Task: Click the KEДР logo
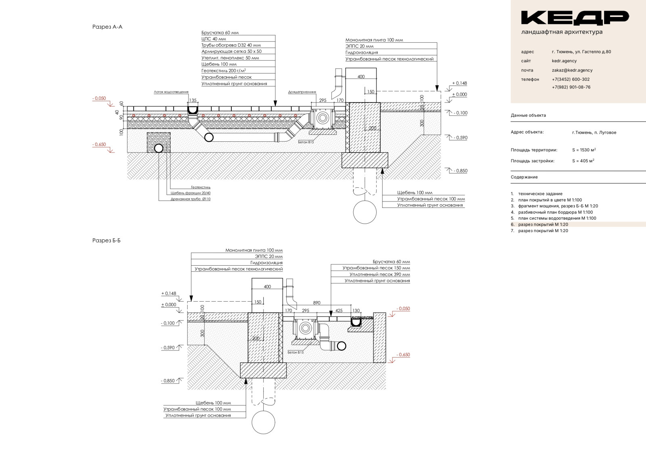575,18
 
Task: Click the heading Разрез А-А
107,27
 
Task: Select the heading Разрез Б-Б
107,241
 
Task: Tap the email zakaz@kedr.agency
572,70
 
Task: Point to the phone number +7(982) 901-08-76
571,87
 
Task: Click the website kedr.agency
564,61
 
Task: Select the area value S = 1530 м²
584,150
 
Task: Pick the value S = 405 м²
583,161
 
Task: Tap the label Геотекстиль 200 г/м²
224,71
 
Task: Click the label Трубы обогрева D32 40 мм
231,45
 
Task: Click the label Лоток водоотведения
171,92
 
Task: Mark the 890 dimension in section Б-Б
317,302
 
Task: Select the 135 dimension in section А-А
193,100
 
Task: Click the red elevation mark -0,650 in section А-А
99,145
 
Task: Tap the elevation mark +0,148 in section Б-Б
169,293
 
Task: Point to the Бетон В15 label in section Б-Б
296,352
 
